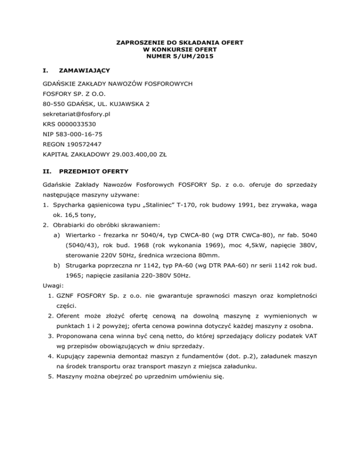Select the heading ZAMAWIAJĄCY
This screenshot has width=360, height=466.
(x=83, y=70)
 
